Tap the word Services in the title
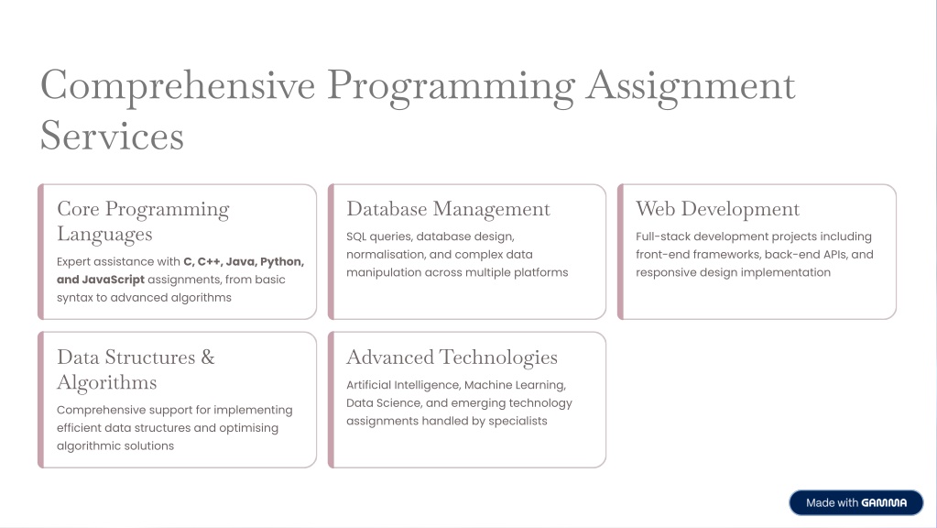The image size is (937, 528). pos(112,135)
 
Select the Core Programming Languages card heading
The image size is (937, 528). pos(143,221)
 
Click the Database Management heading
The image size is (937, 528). pos(448,209)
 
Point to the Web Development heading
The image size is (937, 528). pos(717,209)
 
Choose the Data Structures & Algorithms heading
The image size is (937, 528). pos(136,369)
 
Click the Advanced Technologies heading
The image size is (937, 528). pos(452,357)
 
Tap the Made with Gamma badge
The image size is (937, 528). pos(855,503)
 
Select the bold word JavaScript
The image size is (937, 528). pos(113,280)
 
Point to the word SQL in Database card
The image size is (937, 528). pos(356,236)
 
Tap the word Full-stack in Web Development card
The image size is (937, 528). pos(663,236)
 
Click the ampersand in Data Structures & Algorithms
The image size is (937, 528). pos(207,357)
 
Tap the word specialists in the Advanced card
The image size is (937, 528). pos(518,421)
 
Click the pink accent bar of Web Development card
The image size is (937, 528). pos(620,252)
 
